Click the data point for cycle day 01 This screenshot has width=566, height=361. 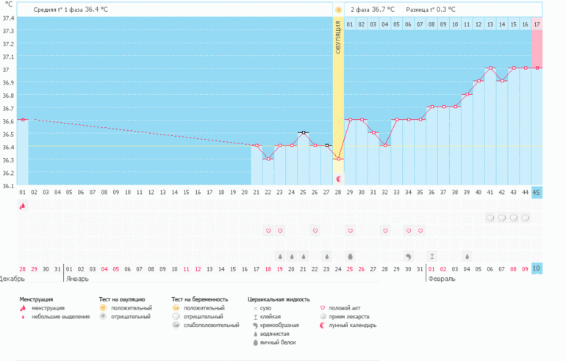pos(22,119)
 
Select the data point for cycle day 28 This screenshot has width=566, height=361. pos(338,159)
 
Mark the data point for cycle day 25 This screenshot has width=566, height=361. pos(303,132)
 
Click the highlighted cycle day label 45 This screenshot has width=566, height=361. pos(537,193)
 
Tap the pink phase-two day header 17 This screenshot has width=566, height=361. pos(537,24)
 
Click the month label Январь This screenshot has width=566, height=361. pos(78,279)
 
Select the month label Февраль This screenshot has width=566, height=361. pos(442,279)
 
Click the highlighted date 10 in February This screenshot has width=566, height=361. pos(537,269)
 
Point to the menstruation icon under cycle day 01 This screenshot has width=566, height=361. pos(22,207)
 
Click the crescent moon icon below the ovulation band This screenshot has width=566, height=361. pos(338,178)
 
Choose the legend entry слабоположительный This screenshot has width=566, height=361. pos(210,325)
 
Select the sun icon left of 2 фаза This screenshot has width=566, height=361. pos(338,10)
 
